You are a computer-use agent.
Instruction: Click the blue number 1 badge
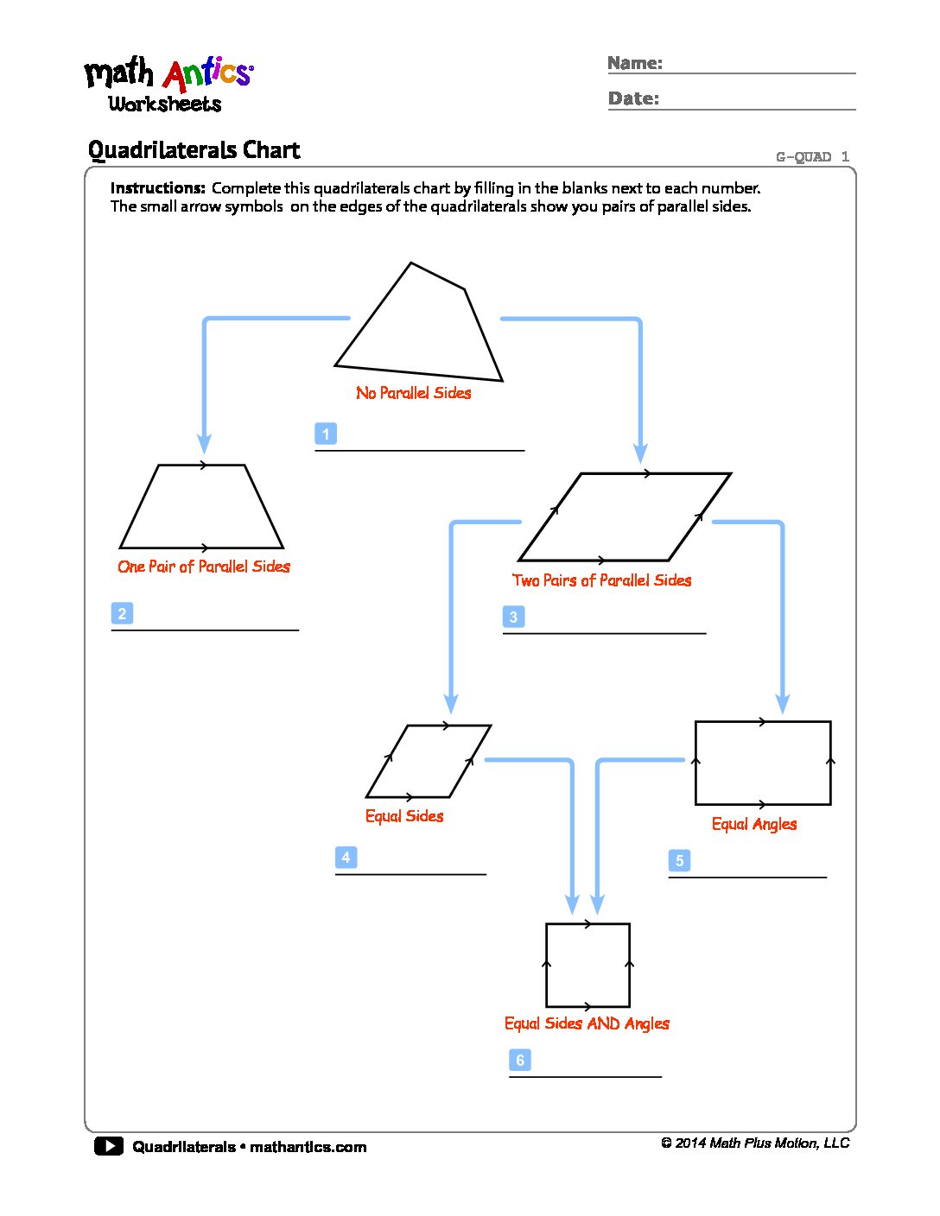click(x=326, y=434)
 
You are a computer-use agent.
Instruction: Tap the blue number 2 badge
click(x=122, y=613)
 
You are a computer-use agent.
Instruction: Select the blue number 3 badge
click(x=513, y=617)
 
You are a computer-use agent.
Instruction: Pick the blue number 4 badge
click(x=346, y=857)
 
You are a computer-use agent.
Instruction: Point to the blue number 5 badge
click(x=679, y=860)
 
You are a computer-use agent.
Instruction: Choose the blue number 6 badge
click(x=520, y=1060)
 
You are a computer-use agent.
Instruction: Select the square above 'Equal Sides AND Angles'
click(x=587, y=965)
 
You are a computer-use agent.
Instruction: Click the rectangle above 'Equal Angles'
click(x=763, y=763)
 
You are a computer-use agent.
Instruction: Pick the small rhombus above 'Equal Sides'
click(x=429, y=761)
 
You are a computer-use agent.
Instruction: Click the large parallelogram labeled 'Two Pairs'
click(x=625, y=516)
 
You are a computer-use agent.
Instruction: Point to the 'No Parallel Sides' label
click(x=414, y=393)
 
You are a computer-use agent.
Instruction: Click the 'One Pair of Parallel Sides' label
click(x=204, y=567)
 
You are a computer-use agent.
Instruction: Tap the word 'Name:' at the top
click(x=635, y=63)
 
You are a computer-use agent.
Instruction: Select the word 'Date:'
click(x=633, y=98)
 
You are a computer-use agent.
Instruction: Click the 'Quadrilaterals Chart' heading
click(x=194, y=150)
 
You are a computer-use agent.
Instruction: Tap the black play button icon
click(x=108, y=1146)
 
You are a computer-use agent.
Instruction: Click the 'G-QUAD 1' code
click(x=812, y=156)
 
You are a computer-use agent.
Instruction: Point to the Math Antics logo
click(x=168, y=85)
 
